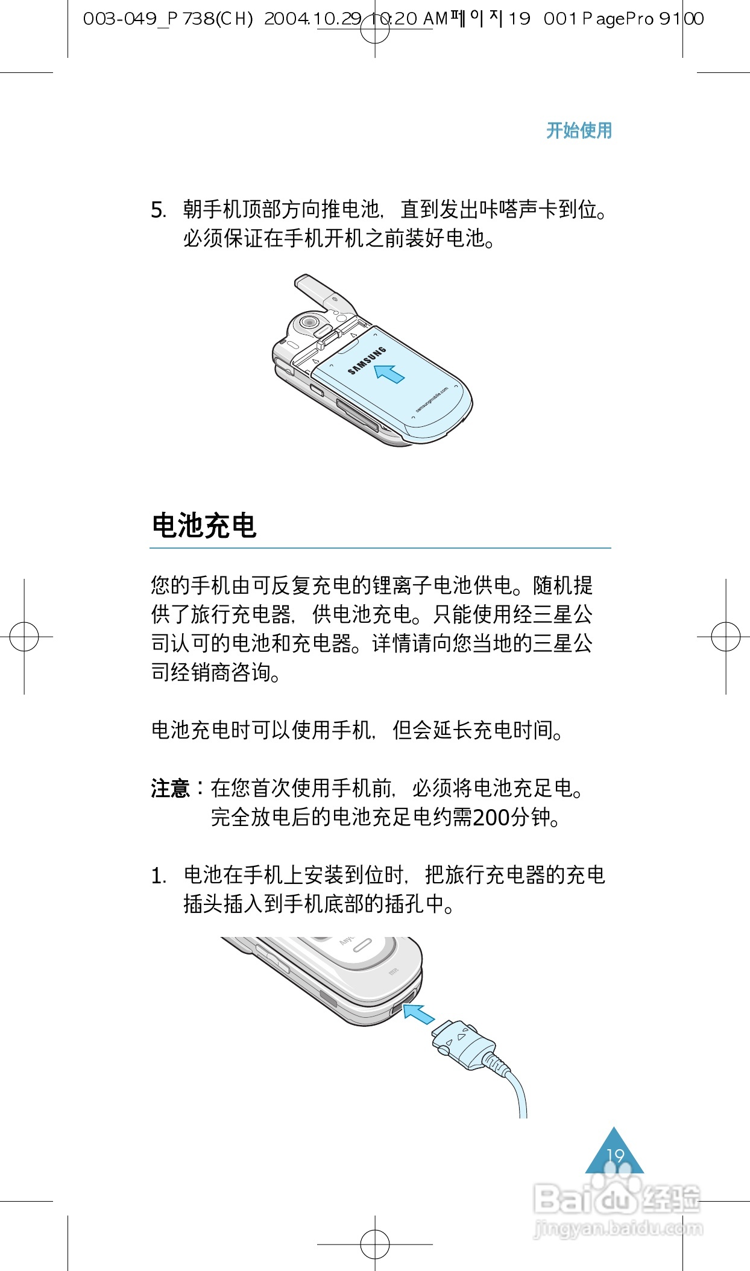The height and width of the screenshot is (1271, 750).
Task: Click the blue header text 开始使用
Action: click(x=579, y=130)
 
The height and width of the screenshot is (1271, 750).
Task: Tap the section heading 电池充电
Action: click(x=204, y=526)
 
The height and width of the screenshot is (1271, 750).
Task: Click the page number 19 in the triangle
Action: click(x=615, y=1155)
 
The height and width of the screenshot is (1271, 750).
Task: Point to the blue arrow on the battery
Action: click(x=389, y=373)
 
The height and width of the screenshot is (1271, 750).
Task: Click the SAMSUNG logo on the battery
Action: click(x=367, y=361)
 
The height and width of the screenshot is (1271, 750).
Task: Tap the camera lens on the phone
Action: click(x=309, y=322)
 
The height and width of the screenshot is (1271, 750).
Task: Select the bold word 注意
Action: click(x=170, y=789)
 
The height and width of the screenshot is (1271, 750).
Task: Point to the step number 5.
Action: click(x=158, y=210)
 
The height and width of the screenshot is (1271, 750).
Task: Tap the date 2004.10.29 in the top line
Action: click(x=312, y=19)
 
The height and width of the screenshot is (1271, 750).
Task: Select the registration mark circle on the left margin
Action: click(x=24, y=637)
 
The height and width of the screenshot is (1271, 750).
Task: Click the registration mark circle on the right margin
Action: click(x=726, y=637)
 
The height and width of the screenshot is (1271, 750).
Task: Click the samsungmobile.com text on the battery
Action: click(x=432, y=400)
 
